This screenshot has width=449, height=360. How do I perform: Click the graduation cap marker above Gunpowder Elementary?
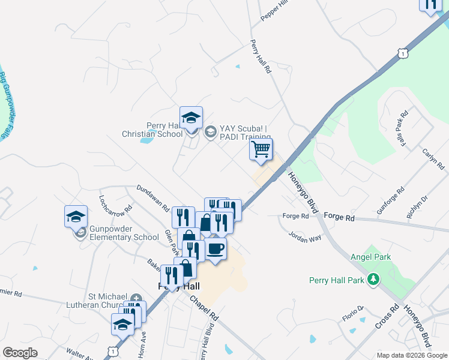76,216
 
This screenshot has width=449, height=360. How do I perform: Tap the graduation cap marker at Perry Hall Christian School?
191,117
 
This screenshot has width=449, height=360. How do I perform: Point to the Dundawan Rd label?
152,199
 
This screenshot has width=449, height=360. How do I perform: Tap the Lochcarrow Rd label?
115,205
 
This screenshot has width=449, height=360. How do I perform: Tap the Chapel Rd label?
203,309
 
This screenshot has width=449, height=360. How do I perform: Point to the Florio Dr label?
353,314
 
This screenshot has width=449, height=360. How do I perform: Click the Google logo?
20,353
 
